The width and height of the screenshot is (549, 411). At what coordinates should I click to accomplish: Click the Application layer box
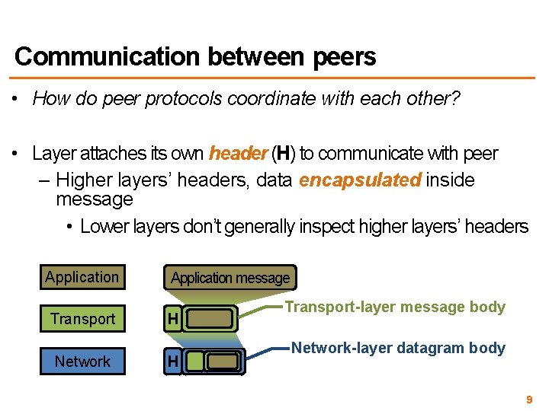pos(82,277)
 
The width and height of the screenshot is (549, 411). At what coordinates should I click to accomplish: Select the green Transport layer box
pos(82,319)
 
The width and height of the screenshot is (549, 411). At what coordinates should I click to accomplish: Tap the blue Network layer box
pos(82,362)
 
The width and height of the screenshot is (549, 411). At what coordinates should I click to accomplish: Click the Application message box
pos(230,278)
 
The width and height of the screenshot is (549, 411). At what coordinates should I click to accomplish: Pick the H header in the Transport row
pos(173,320)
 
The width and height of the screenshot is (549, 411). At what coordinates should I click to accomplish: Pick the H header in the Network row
pos(173,362)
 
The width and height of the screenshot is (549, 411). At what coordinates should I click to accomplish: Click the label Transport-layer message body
pos(394,307)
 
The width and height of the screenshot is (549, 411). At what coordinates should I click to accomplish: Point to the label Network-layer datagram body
pos(398,348)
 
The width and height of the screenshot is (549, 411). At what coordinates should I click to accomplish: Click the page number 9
pos(529,399)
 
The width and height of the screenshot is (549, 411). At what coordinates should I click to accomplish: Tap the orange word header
pos(237,154)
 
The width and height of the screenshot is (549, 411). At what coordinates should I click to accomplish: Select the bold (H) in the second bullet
pos(284,154)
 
